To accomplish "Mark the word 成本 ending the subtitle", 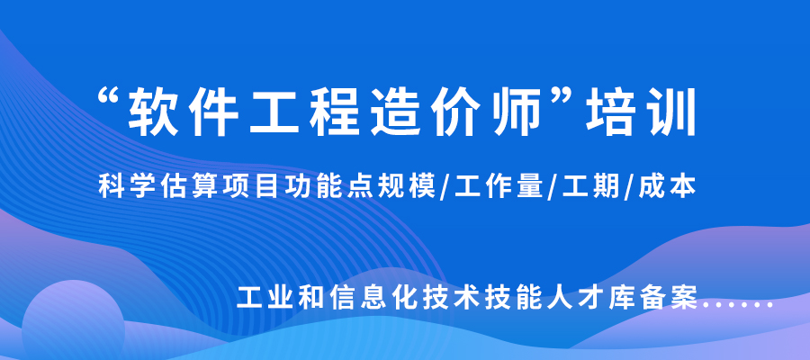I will tap(670, 187).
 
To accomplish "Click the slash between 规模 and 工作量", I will tap(447, 188).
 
